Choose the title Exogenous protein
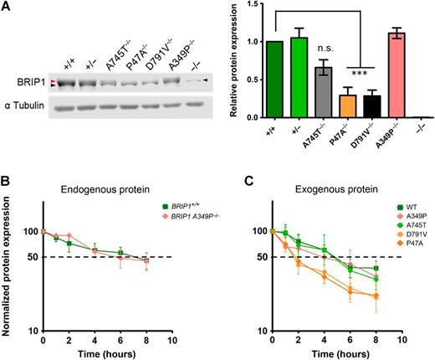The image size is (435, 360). (x=322, y=194)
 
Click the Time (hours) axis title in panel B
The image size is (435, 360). (x=106, y=353)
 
